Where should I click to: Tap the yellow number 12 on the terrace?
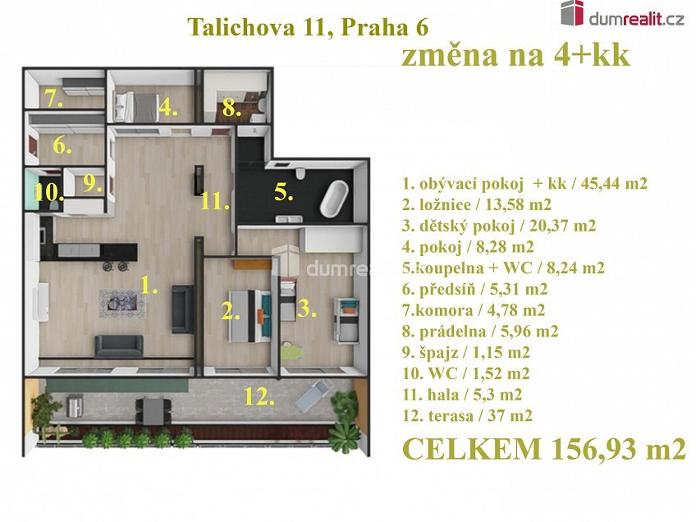259,396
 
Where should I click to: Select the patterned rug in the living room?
121,304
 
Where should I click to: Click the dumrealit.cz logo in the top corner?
622,15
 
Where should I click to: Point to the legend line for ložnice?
477,204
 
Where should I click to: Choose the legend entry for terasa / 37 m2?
467,416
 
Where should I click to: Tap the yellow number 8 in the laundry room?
231,108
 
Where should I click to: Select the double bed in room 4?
137,107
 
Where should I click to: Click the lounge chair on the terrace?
313,396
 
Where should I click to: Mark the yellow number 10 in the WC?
48,193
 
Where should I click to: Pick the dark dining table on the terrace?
153,410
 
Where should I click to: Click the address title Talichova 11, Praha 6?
308,28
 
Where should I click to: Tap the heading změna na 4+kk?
515,56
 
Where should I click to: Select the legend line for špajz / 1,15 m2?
466,352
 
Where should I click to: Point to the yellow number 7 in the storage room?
53,99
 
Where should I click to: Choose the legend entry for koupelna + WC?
503,268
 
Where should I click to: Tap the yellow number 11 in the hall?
214,202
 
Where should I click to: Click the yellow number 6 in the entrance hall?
62,145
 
